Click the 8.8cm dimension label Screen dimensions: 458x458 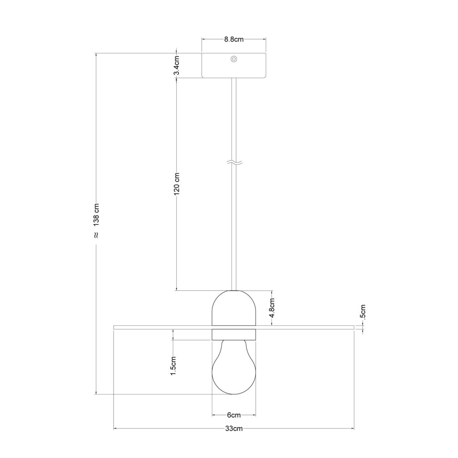pos(233,39)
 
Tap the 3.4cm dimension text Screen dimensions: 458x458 pos(177,65)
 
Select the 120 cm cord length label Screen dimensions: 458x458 pos(177,184)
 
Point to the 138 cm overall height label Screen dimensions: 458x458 pos(97,214)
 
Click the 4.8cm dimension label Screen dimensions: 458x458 pos(272,308)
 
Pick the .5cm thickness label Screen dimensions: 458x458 pos(363,311)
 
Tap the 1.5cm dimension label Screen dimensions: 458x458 pos(174,366)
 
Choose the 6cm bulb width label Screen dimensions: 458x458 pos(233,415)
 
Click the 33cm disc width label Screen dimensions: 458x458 pos(233,428)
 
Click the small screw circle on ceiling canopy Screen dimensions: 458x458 pos(233,59)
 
